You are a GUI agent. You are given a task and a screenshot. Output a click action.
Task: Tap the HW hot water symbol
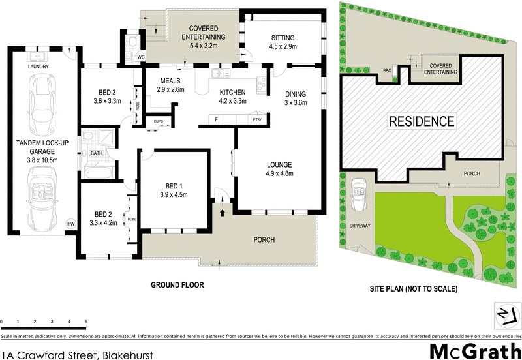[70, 224]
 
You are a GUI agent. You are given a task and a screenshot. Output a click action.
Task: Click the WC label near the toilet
[140, 57]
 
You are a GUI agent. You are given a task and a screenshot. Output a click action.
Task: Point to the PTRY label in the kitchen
[255, 120]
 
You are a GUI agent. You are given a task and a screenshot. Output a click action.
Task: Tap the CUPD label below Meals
[158, 121]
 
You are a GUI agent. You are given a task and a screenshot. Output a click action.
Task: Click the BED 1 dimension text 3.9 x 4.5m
[173, 194]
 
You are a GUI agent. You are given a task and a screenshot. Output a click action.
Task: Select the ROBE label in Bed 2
[131, 219]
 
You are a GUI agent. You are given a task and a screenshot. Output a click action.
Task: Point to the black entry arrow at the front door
[223, 211]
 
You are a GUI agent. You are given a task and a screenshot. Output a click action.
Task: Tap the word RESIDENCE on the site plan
[421, 121]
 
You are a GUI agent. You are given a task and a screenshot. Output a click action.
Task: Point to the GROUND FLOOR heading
[177, 285]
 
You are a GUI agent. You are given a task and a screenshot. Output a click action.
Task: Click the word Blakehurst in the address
[131, 354]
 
